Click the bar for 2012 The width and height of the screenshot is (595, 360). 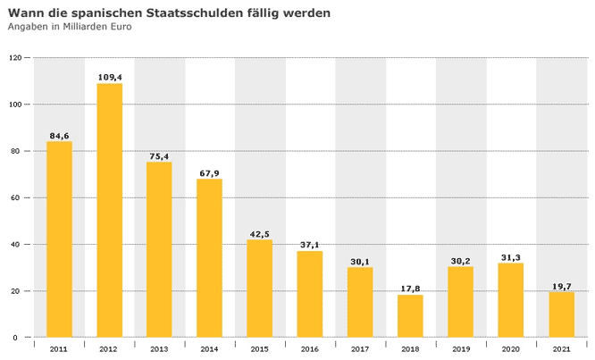point(109,210)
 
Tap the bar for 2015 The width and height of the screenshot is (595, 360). point(260,289)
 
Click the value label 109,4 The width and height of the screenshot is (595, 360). point(109,78)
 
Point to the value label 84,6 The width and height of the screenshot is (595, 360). point(59,136)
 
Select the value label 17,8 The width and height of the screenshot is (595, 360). point(410,289)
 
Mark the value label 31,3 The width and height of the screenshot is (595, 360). point(511,257)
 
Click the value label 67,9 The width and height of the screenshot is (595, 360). point(209,173)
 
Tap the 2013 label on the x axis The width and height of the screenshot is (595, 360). point(159,349)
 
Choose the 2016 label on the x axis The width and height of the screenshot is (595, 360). point(310,349)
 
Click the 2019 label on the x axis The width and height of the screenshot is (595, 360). point(461,349)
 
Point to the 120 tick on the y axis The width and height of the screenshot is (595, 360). point(15,58)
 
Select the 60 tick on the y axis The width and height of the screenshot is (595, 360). point(17,197)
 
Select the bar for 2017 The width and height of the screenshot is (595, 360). point(360,302)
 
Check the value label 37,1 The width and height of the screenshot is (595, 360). point(310,245)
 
